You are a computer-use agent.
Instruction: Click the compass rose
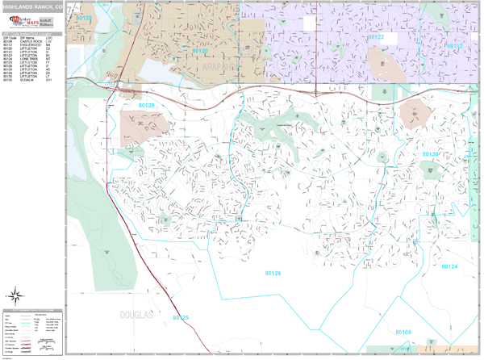click(x=15, y=295)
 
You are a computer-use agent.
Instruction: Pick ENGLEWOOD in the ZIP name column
click(x=31, y=45)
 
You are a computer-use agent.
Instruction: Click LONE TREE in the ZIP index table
click(x=30, y=59)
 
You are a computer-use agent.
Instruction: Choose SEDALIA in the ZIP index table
click(x=28, y=80)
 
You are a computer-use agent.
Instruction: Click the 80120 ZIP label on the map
click(x=200, y=50)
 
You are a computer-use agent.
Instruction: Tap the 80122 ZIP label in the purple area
click(x=376, y=37)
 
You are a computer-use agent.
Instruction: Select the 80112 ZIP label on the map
click(x=454, y=46)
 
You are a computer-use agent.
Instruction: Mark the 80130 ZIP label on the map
click(x=431, y=153)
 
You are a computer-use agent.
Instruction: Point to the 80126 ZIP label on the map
click(x=273, y=273)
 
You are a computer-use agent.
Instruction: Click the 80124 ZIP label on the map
click(x=449, y=266)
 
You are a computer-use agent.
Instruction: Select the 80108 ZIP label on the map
click(x=403, y=332)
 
